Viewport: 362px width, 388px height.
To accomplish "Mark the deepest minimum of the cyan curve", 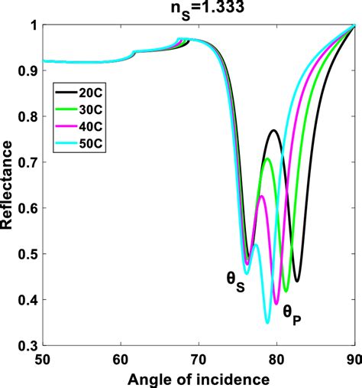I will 267,322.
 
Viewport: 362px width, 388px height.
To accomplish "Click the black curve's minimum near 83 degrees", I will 297,281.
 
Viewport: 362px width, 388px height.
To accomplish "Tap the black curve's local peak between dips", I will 274,131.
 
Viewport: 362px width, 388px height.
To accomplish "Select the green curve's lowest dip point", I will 286,291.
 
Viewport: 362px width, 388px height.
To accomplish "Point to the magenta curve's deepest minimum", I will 276,304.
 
